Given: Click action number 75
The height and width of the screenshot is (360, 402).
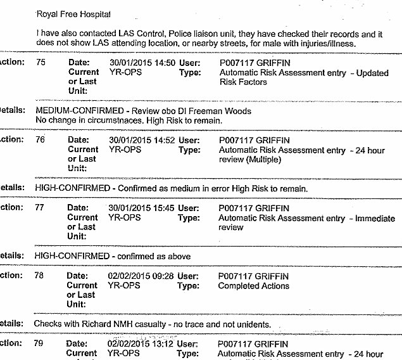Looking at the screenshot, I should pyautogui.click(x=41, y=63).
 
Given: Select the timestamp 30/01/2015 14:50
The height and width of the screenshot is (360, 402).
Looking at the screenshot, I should pyautogui.click(x=142, y=63).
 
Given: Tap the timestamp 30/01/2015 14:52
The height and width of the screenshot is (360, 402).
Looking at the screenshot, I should pyautogui.click(x=142, y=140).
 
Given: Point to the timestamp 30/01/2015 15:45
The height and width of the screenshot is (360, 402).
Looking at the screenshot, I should pyautogui.click(x=142, y=208).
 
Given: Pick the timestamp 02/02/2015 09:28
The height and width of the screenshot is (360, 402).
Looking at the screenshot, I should pyautogui.click(x=142, y=276).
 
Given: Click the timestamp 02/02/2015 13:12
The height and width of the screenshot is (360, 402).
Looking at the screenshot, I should pyautogui.click(x=142, y=344).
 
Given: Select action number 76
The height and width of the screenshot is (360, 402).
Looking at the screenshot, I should pyautogui.click(x=41, y=140).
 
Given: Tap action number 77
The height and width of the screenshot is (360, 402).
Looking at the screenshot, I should pyautogui.click(x=41, y=208).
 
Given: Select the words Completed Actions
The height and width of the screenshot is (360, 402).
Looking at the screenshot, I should pyautogui.click(x=253, y=286).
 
